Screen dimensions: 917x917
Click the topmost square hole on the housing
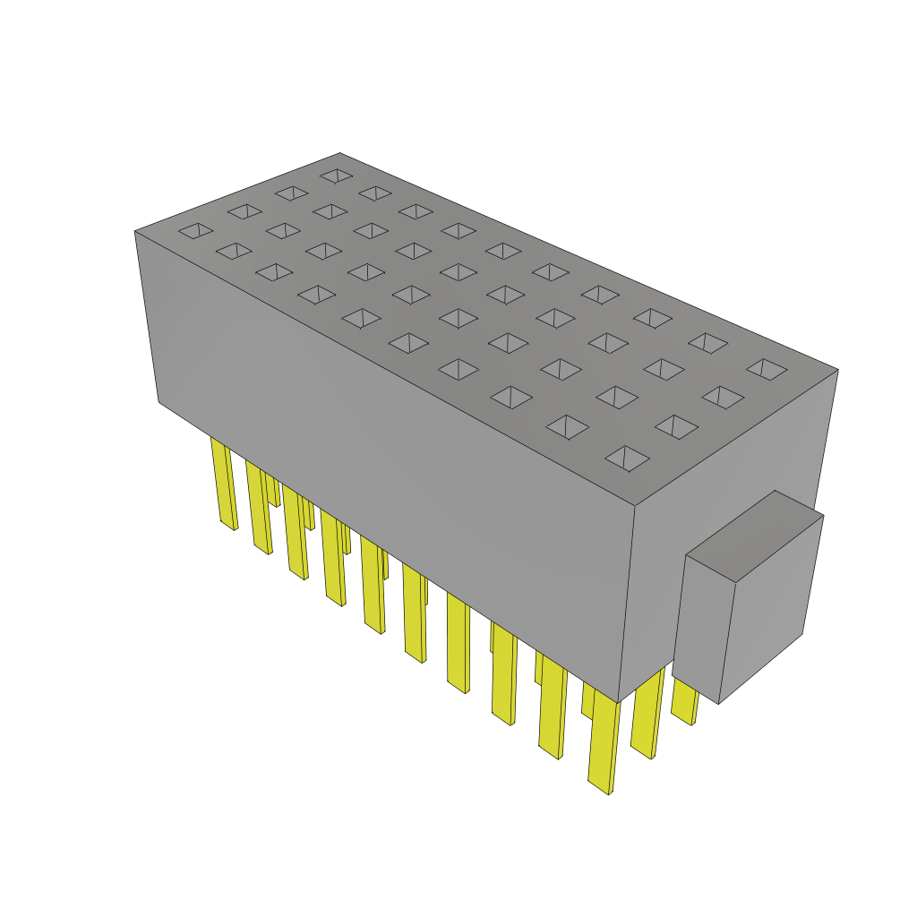[337, 176]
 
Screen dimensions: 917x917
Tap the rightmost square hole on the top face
[767, 368]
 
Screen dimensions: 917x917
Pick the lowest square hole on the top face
[627, 458]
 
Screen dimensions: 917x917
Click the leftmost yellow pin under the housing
[224, 484]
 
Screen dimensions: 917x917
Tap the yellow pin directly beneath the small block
[685, 702]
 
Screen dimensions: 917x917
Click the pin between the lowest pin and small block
[647, 716]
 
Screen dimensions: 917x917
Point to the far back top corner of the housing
[339, 153]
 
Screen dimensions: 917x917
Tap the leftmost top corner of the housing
[135, 232]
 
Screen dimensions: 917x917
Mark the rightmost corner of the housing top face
[837, 369]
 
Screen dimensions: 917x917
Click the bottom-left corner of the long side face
[159, 402]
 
